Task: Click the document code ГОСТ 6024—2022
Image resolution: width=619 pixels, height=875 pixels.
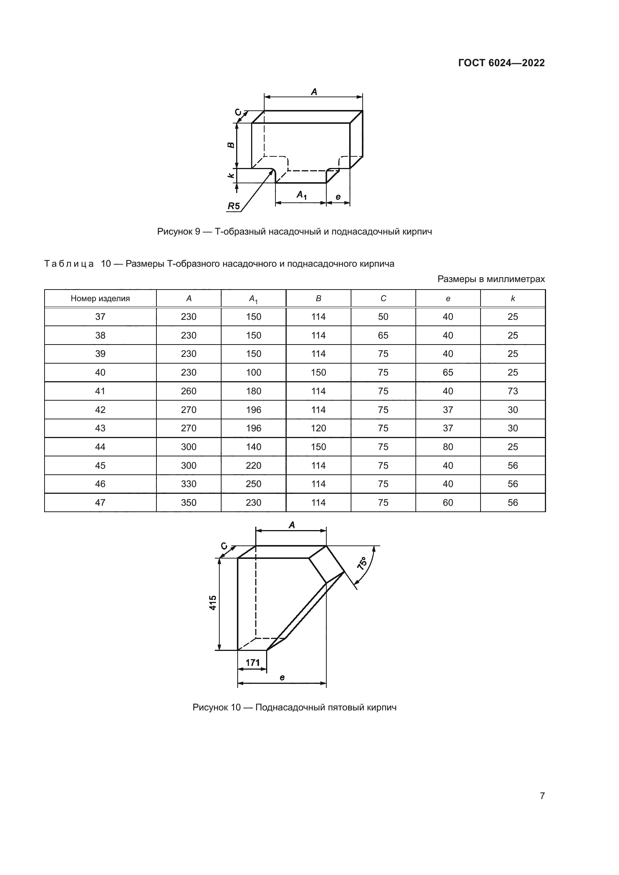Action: [x=501, y=63]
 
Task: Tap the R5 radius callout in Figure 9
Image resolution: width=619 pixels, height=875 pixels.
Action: [x=234, y=206]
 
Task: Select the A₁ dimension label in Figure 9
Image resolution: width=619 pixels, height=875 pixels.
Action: [x=302, y=195]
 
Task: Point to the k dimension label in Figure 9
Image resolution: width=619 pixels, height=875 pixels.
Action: [x=231, y=176]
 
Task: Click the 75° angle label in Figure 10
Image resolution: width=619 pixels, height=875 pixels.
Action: [x=362, y=563]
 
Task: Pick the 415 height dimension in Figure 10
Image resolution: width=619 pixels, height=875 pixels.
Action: [x=213, y=603]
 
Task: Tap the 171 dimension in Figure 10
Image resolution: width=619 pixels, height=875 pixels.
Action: [x=252, y=663]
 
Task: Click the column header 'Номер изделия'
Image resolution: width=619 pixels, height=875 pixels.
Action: [x=100, y=299]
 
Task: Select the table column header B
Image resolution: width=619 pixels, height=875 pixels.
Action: [x=318, y=299]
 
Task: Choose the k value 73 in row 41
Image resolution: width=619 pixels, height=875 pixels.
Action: [x=513, y=391]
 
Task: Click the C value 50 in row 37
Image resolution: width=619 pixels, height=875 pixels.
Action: [x=383, y=317]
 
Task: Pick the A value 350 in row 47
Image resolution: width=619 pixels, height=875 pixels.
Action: [x=189, y=503]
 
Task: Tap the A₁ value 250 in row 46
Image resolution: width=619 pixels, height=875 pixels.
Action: [x=253, y=484]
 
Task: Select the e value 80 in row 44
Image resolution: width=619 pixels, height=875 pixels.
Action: [x=448, y=447]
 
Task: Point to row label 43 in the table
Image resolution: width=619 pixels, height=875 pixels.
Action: [x=100, y=428]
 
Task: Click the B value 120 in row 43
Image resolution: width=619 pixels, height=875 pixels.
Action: [x=318, y=428]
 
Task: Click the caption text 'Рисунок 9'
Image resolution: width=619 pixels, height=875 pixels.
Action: [x=179, y=232]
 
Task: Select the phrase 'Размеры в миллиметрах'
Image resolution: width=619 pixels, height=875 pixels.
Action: [x=491, y=279]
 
